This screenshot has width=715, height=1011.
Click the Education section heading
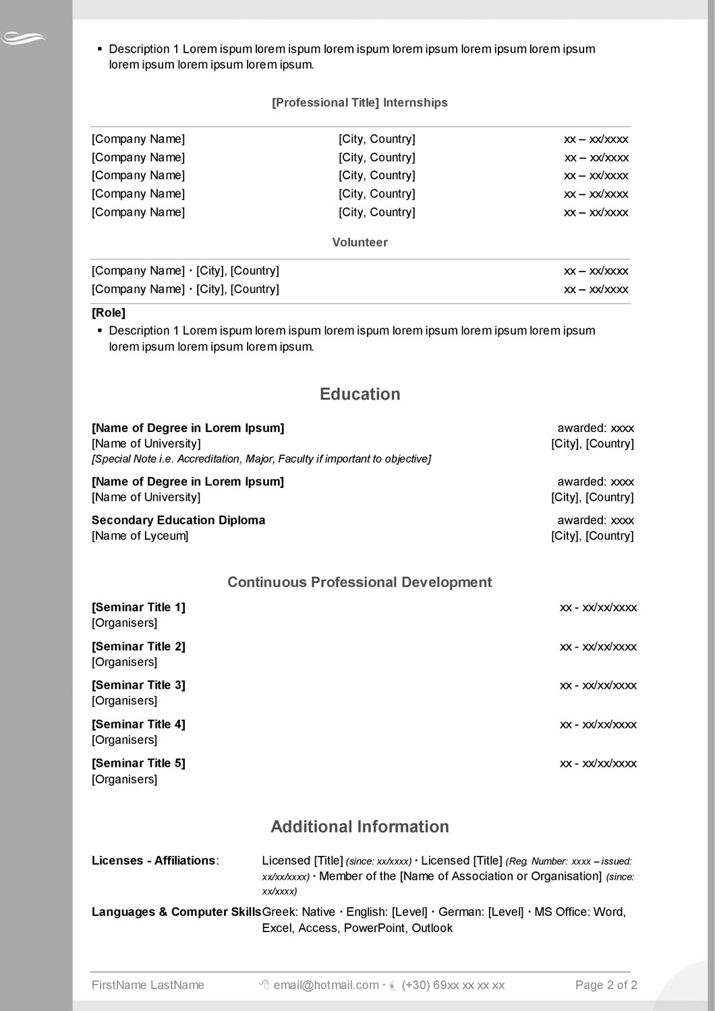(360, 394)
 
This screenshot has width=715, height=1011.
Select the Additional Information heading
(360, 827)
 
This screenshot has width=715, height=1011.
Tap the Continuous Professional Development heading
(360, 582)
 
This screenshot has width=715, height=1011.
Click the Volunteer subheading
(360, 243)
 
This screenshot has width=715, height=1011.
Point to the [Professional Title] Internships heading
(360, 103)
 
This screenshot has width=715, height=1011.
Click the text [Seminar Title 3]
(138, 685)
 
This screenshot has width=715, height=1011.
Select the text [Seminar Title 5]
(138, 764)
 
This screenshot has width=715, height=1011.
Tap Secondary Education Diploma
(178, 520)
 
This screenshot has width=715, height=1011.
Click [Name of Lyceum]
(140, 537)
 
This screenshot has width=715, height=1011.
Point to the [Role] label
(109, 313)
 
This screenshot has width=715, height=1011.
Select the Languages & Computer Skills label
(176, 913)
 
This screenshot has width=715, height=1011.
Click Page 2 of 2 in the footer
(606, 985)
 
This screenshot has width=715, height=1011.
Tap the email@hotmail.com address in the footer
(326, 985)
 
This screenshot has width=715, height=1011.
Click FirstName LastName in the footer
(148, 985)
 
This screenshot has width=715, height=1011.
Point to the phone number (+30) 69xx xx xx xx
(453, 985)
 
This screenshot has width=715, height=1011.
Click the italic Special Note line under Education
(261, 459)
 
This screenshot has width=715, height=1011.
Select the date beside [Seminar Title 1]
(598, 608)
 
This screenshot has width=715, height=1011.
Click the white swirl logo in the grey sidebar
(23, 38)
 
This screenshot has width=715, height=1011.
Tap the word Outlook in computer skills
(432, 928)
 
